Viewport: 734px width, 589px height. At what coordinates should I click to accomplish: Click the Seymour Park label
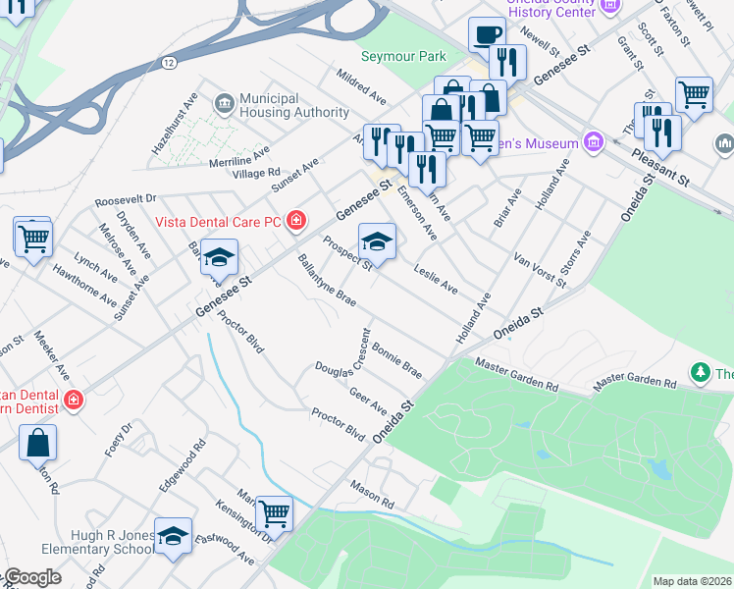point(403,57)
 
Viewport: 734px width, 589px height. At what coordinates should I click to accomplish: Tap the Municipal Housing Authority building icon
point(224,102)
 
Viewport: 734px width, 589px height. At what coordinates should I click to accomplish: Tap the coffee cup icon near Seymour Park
point(486,34)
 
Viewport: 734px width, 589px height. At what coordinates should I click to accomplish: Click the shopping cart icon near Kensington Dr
point(274,512)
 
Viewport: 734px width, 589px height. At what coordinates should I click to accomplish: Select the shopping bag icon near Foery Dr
point(37,442)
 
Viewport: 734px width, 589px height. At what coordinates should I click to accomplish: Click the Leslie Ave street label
point(435,279)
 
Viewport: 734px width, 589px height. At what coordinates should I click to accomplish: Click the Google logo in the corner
point(32,578)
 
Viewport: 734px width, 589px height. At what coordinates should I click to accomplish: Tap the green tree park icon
point(700,372)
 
